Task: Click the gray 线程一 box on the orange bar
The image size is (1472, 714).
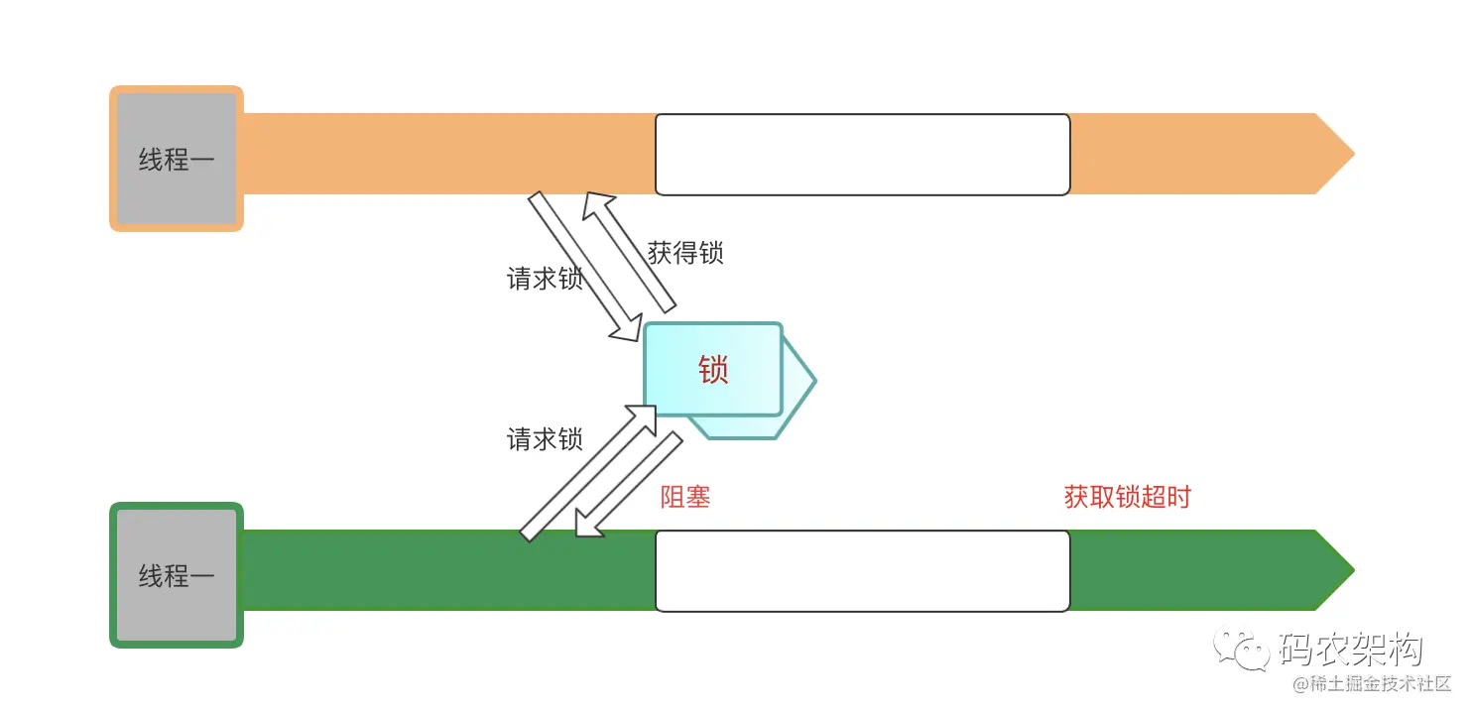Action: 176,159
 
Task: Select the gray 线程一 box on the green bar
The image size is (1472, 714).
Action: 176,575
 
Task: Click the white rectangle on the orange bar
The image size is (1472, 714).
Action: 862,154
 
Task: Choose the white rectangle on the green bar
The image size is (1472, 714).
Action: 862,570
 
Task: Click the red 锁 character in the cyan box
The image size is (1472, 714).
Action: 713,370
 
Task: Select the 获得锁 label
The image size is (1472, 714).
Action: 685,252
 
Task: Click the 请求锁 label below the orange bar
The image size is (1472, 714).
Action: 545,279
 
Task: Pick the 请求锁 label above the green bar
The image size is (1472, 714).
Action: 545,438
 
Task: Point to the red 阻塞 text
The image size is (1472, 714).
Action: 685,497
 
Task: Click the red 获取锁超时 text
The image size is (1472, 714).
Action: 1127,497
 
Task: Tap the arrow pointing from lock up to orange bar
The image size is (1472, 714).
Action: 629,252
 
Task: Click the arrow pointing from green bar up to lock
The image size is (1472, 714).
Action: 587,473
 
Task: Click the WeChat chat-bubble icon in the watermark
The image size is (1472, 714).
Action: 1245,651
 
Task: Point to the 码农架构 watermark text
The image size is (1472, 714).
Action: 1351,651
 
